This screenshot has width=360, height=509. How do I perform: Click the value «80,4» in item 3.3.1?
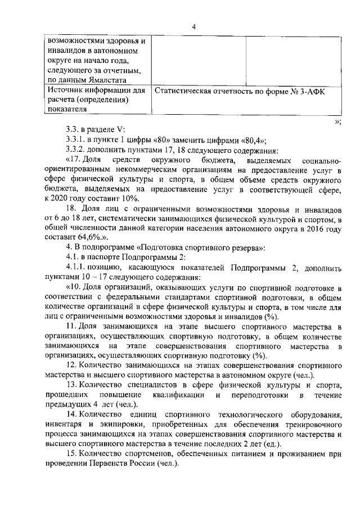pyautogui.click(x=252, y=141)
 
